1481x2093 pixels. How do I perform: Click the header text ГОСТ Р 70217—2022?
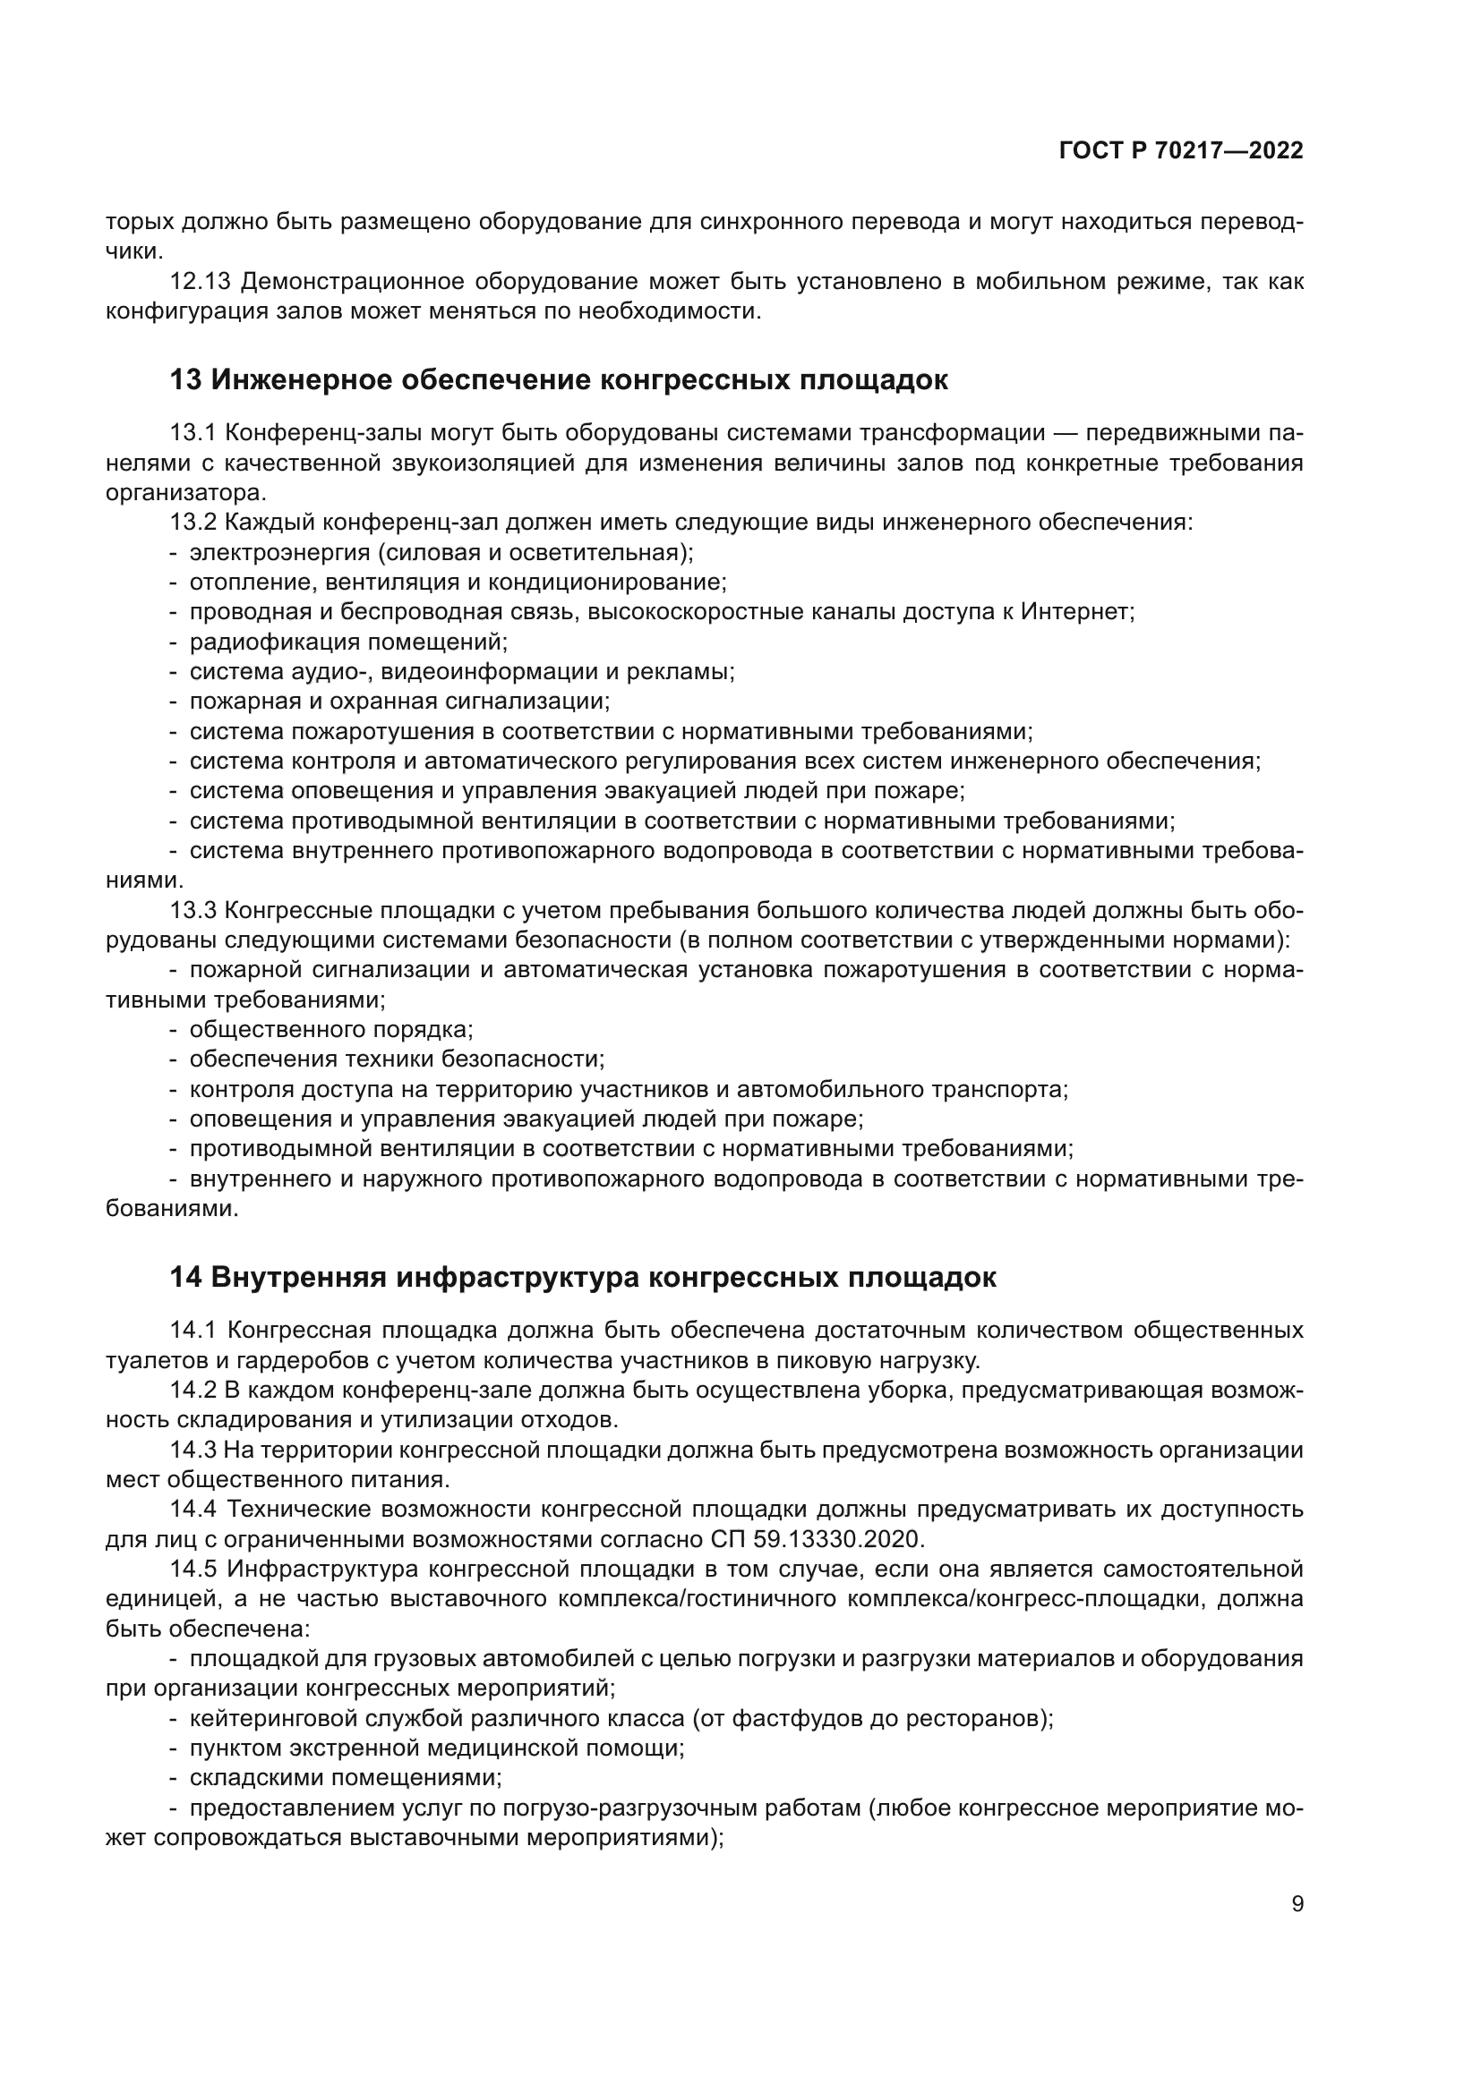(x=1181, y=151)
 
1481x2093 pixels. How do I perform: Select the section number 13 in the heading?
(x=185, y=380)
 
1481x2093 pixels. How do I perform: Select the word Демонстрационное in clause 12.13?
(x=350, y=282)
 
